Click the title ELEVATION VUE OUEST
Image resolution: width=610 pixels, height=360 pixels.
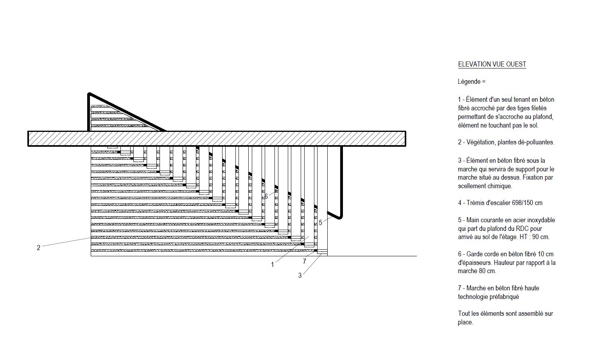(x=492, y=64)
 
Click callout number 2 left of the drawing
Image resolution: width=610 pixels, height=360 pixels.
(x=38, y=247)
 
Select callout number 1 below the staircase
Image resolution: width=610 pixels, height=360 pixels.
(x=272, y=265)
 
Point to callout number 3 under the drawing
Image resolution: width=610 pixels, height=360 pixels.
(x=300, y=275)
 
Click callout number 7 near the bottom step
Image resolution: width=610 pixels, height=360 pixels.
(x=304, y=261)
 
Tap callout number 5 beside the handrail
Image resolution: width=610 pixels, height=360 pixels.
(x=321, y=223)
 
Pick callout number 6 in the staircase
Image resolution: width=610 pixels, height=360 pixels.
(x=266, y=196)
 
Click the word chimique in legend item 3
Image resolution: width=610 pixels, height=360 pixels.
(x=500, y=186)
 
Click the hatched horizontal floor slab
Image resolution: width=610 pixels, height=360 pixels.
(x=217, y=139)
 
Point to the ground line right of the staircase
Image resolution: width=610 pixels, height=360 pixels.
(x=372, y=256)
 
